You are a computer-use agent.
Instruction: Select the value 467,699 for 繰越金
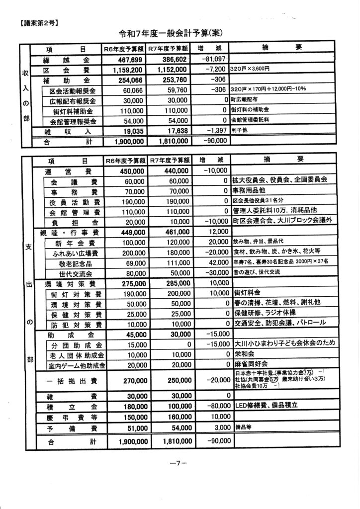click(128, 60)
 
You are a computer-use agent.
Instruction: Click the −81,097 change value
click(212, 59)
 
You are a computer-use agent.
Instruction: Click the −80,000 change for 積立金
click(212, 406)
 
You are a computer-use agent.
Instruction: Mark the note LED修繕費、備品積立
click(266, 406)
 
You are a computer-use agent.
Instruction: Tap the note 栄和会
click(243, 355)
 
